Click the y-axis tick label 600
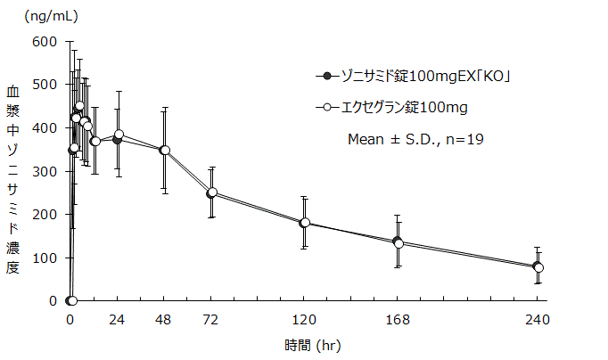pos(45,41)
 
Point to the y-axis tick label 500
pos(45,85)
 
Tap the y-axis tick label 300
pos(45,171)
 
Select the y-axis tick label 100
pos(45,258)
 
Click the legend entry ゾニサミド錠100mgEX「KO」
pos(419,77)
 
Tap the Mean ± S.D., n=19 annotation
pos(415,139)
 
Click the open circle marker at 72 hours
pos(212,192)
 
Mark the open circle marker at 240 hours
pos(538,267)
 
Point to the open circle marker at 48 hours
pos(165,151)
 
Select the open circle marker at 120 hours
pos(305,223)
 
